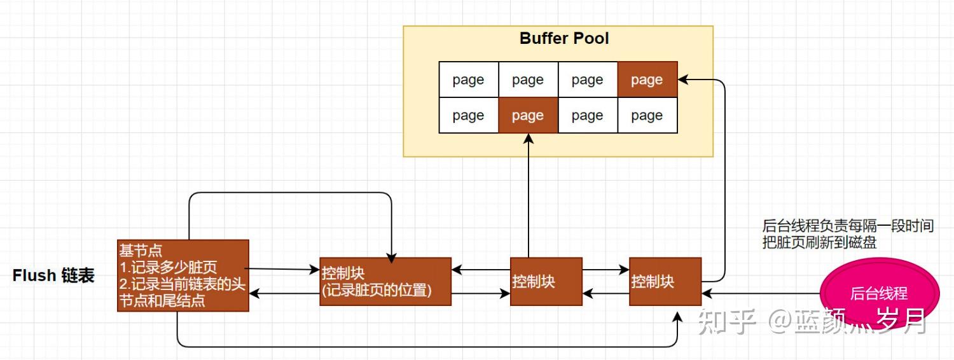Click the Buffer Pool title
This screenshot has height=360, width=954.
tap(564, 38)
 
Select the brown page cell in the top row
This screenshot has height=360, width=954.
tap(647, 80)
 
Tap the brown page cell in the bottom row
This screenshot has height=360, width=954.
tap(528, 115)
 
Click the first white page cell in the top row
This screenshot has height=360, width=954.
tap(469, 80)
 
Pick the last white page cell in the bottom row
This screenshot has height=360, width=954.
tap(647, 115)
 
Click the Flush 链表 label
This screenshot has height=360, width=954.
tap(53, 275)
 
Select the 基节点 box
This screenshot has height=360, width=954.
tap(183, 275)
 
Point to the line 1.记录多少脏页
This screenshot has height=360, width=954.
tap(169, 267)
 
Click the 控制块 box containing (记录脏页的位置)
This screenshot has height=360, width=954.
tap(385, 281)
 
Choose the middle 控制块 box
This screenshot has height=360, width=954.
tap(546, 281)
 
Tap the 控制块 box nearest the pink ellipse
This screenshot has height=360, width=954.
tap(665, 281)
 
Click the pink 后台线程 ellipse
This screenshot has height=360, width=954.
tap(880, 293)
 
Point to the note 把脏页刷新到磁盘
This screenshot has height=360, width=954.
tap(819, 242)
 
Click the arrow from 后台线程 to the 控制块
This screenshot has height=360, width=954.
tap(761, 294)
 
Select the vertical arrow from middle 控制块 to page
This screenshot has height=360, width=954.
tap(529, 195)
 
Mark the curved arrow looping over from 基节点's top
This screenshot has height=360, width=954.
tap(289, 193)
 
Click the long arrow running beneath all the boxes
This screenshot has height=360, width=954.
tap(426, 347)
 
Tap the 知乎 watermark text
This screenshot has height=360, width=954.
tap(726, 321)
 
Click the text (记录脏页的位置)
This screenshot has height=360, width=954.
tap(377, 290)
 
